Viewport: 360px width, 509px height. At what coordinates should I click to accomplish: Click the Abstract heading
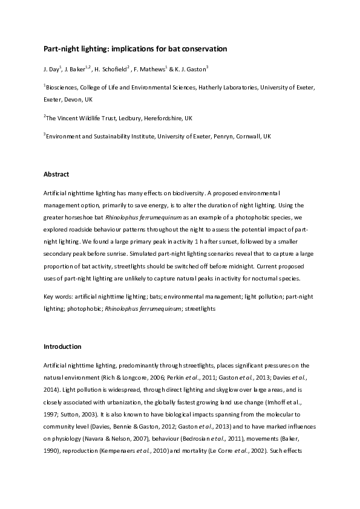[x=56, y=174]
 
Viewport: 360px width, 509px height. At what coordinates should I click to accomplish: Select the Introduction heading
[x=62, y=347]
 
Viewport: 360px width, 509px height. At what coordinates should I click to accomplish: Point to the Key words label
[x=58, y=297]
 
